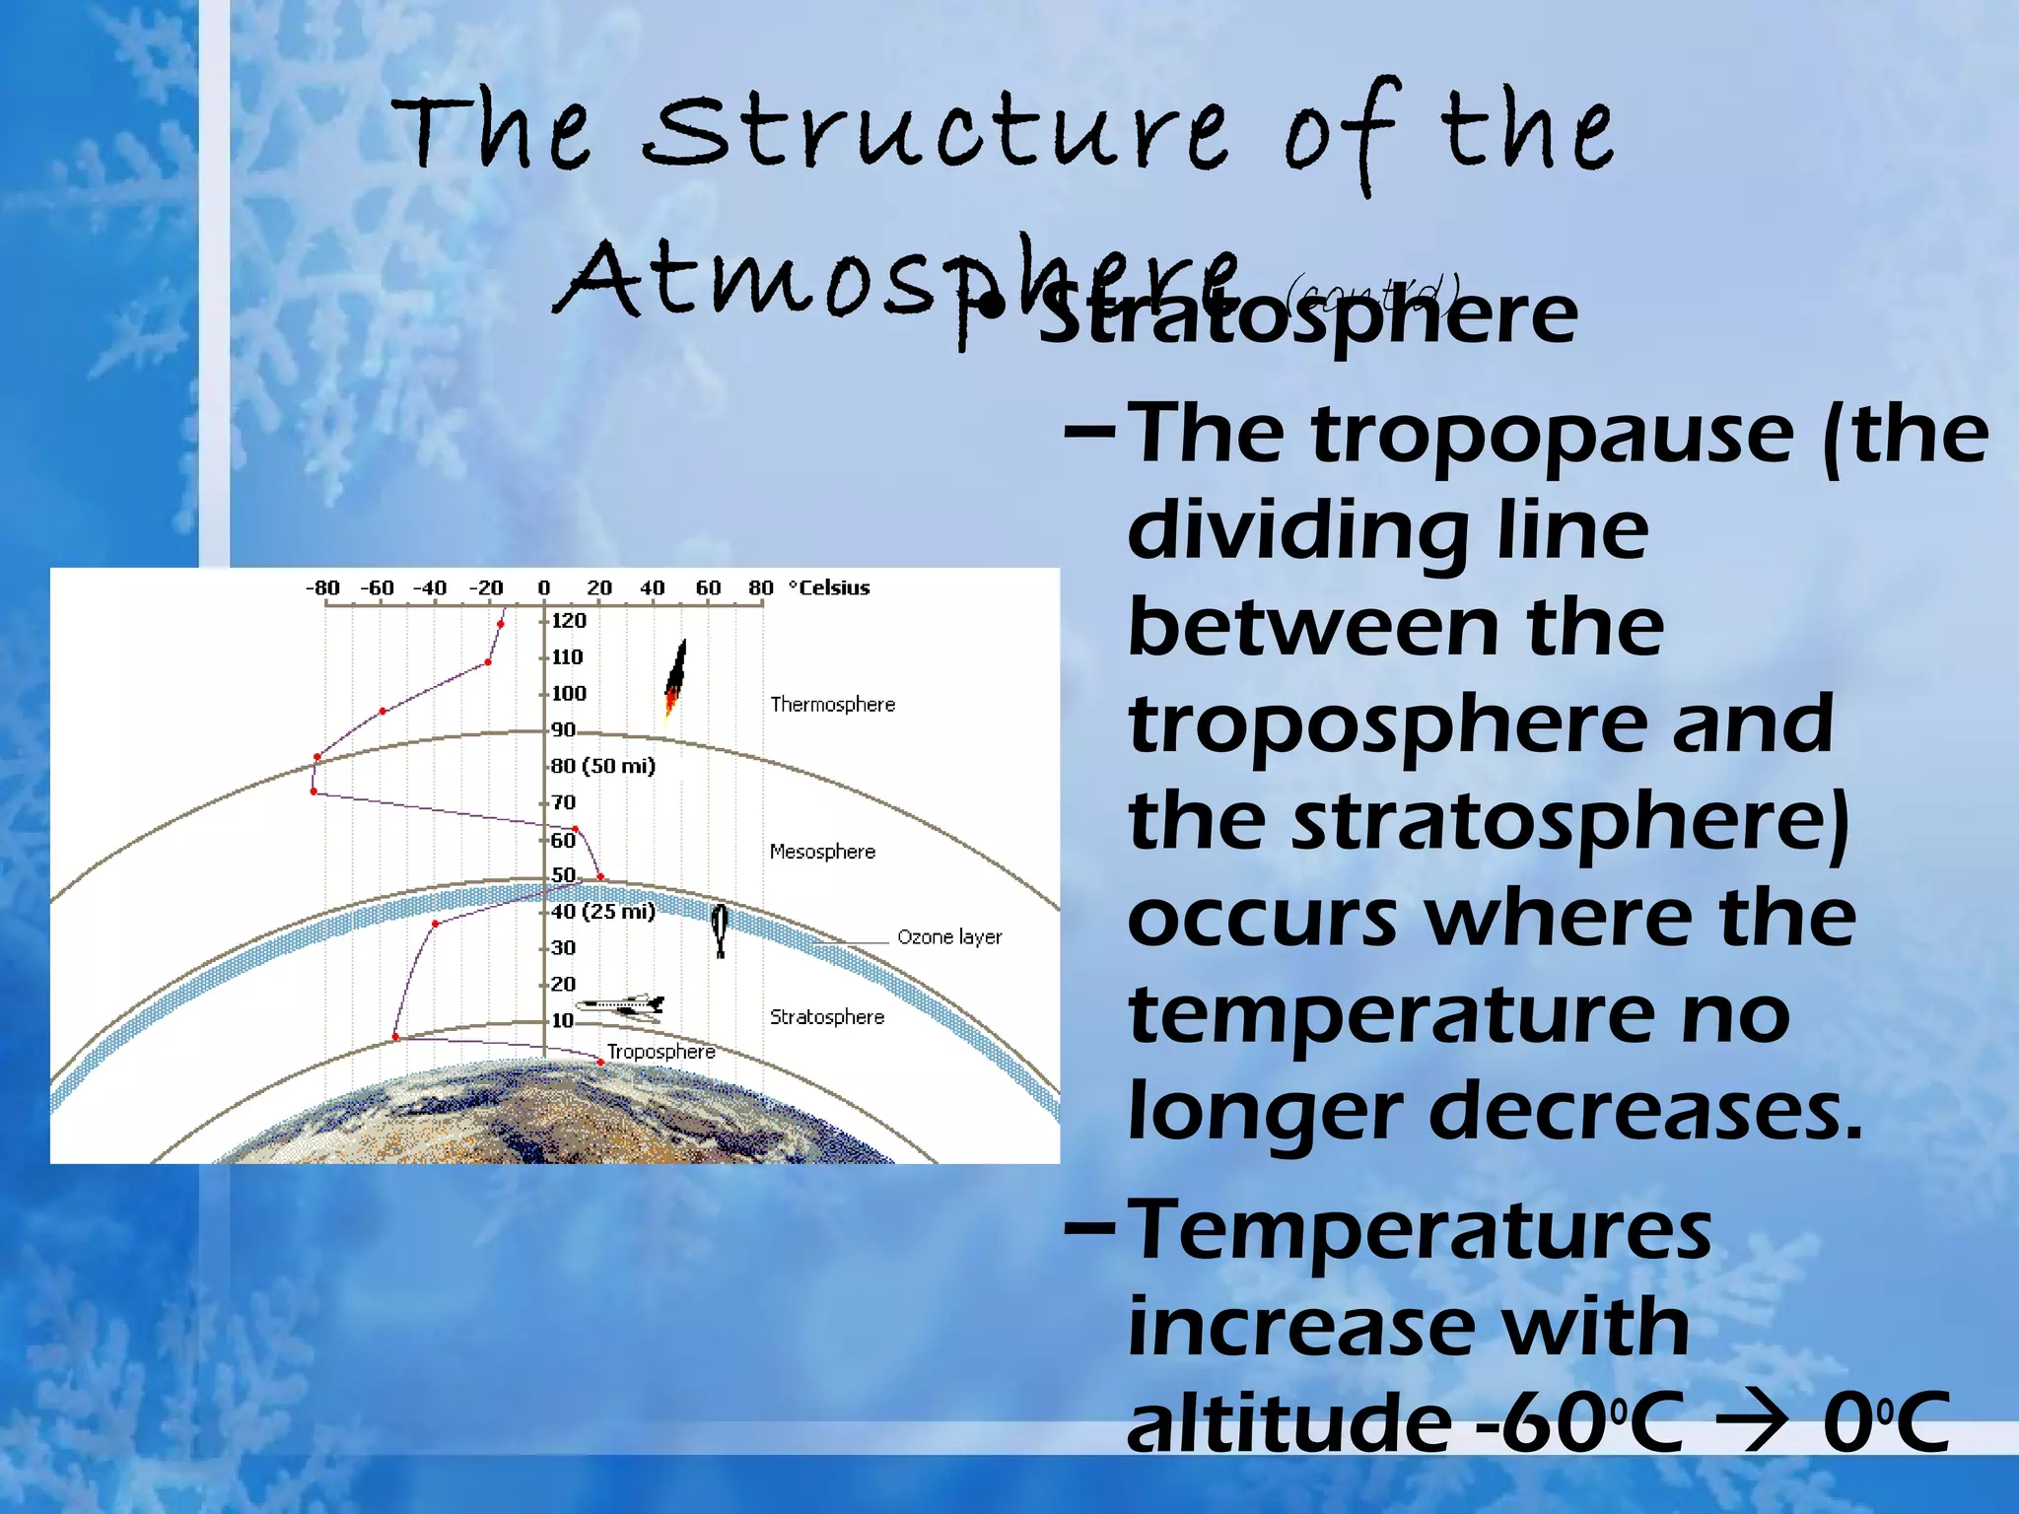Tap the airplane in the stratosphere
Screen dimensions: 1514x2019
[x=622, y=1005]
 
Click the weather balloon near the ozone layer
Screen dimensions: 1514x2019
[x=720, y=929]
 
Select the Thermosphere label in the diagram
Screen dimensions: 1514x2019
[x=832, y=705]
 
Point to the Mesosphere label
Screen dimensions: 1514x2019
[x=822, y=852]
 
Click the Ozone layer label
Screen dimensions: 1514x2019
[x=948, y=937]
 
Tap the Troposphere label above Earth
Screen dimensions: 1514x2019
[x=661, y=1052]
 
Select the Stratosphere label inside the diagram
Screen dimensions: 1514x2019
[x=826, y=1017]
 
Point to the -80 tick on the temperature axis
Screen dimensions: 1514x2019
[x=322, y=588]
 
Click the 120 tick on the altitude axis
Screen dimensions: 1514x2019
[x=568, y=621]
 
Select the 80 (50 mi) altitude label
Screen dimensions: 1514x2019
[x=602, y=766]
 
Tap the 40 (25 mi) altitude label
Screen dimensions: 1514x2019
[x=602, y=912]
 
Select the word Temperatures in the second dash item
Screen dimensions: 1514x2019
[x=1419, y=1232]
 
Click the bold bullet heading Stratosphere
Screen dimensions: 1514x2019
[x=1307, y=315]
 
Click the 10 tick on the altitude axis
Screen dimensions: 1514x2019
[x=562, y=1021]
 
